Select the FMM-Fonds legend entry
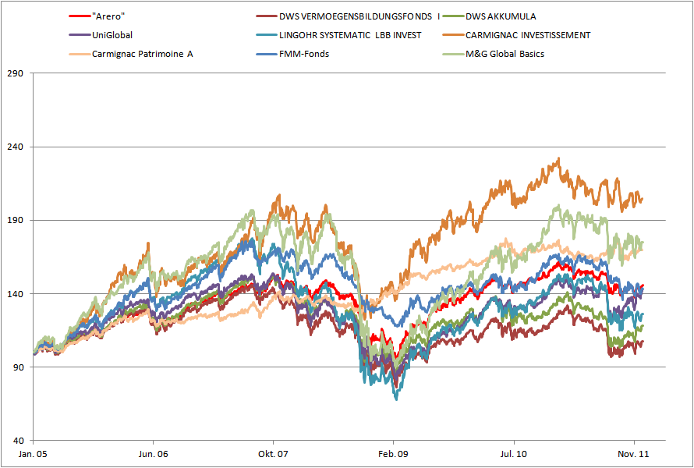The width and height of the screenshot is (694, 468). tap(304, 54)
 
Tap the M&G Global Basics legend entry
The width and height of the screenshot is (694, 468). tap(505, 54)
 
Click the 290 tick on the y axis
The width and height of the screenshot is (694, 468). tap(16, 73)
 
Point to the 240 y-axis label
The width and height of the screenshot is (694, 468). tap(16, 147)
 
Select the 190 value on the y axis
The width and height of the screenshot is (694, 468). tap(16, 220)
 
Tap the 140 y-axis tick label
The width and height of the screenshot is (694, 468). tap(16, 293)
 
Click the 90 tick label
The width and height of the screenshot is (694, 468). tap(18, 367)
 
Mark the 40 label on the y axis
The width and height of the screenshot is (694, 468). tap(18, 440)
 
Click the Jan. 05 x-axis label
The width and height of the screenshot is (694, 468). tap(34, 452)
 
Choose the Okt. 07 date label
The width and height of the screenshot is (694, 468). tap(274, 452)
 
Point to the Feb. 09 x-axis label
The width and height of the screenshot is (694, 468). tap(394, 452)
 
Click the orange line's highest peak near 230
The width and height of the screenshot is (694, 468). tap(558, 158)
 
